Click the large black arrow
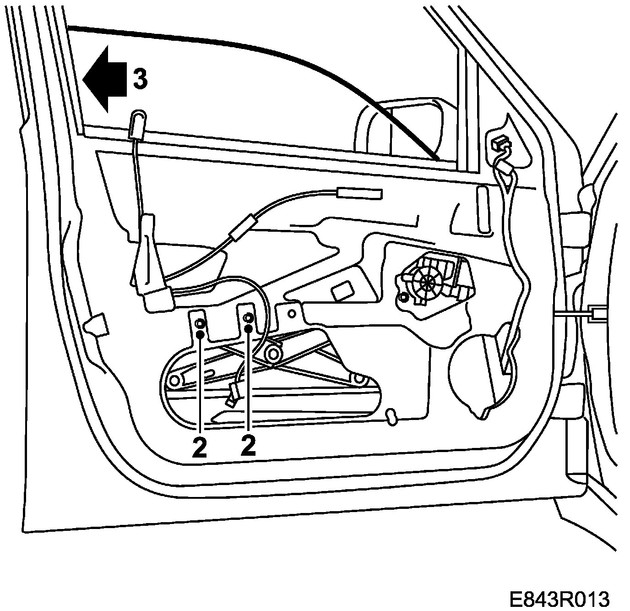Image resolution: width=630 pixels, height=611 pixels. coord(104,78)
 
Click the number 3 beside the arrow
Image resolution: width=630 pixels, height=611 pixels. coord(140,79)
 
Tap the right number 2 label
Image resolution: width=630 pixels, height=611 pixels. coord(248,446)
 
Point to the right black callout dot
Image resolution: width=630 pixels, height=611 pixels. coord(249,328)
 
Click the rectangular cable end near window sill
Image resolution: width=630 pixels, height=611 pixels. coord(359,194)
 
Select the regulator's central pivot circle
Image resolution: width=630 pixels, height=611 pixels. coord(274,353)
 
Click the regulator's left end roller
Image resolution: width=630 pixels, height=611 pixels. coord(174,381)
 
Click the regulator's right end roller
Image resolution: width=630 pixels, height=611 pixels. coord(359,379)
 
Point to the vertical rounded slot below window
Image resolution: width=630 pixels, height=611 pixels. coord(483,208)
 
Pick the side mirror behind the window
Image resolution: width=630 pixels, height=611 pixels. coord(403,128)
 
